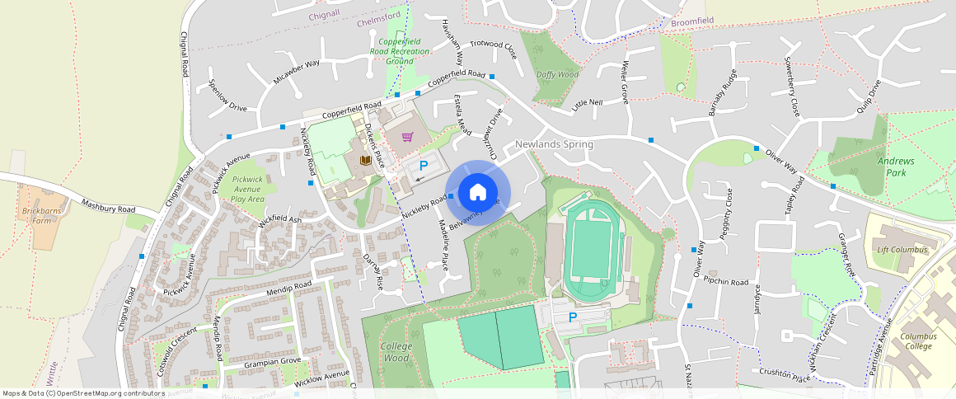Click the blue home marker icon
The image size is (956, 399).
(477, 192)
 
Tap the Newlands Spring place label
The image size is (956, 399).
(554, 144)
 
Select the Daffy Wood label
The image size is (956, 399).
(557, 74)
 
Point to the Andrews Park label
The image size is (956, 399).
(896, 167)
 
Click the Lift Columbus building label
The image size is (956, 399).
(902, 250)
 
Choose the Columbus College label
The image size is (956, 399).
(917, 341)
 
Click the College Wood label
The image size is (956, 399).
(396, 352)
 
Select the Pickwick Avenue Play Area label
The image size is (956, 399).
(247, 189)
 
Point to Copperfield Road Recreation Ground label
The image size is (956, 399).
(400, 51)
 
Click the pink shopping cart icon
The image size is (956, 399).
(407, 137)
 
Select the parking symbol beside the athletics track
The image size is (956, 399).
(573, 317)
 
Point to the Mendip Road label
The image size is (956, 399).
(289, 289)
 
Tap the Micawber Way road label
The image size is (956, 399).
(296, 73)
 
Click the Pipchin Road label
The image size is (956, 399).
(726, 281)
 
